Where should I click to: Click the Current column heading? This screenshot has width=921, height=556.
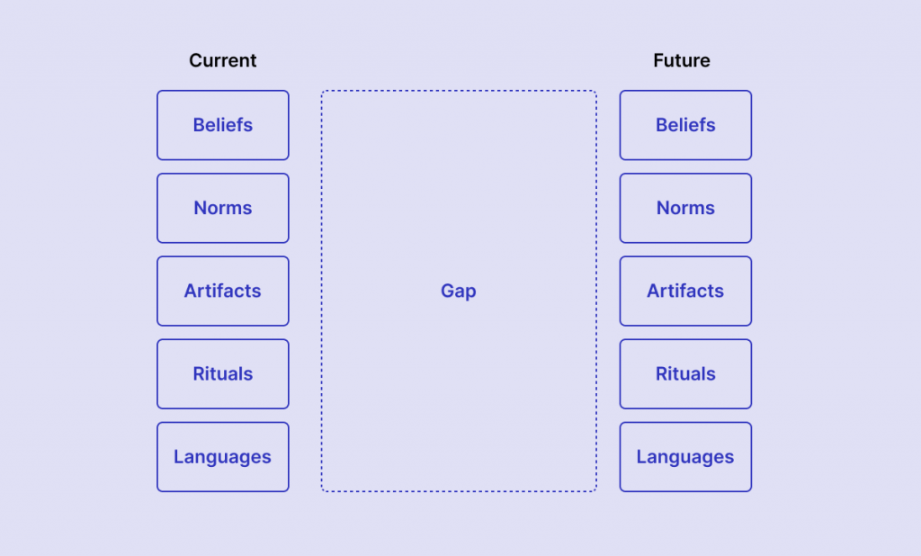[223, 60]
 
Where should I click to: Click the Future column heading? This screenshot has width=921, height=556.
[682, 60]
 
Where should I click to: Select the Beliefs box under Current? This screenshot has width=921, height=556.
[223, 125]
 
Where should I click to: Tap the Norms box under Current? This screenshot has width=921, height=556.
[223, 208]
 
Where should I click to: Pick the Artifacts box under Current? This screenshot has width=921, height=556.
[223, 291]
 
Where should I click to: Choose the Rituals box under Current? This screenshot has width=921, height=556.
[223, 373]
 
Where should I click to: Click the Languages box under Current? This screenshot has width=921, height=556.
[223, 457]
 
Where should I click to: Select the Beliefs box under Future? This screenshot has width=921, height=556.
[685, 125]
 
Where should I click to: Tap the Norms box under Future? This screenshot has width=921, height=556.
[685, 208]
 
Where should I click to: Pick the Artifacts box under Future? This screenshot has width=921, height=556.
[685, 291]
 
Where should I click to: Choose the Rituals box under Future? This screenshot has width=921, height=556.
[685, 373]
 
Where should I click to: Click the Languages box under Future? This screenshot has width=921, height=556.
[685, 457]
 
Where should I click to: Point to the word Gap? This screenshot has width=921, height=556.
[459, 291]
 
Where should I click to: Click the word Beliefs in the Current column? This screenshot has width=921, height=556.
[223, 125]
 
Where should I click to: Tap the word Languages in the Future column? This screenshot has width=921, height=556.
[685, 458]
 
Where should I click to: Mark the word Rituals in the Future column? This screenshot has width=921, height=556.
[685, 373]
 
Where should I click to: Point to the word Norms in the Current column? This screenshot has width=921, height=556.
[223, 208]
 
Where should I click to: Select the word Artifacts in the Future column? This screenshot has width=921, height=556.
[685, 291]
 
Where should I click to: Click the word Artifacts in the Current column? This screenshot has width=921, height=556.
[223, 291]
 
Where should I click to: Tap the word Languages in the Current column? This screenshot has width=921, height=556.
[223, 458]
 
